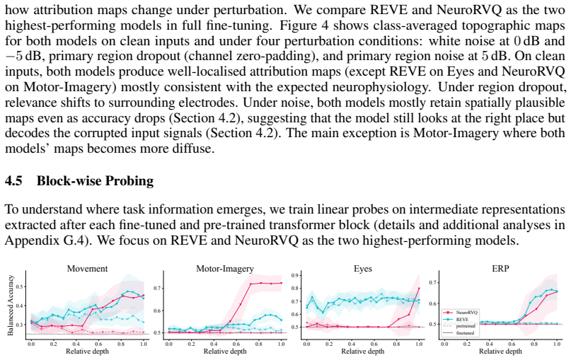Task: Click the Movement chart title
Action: [88, 269]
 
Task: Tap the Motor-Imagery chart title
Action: [225, 269]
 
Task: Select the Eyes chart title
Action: [363, 269]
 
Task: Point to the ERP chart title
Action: [500, 269]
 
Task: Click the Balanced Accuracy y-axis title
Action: [10, 305]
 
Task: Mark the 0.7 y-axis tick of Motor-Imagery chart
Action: [157, 289]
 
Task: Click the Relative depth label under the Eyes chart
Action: [363, 352]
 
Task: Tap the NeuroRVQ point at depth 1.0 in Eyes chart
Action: [419, 289]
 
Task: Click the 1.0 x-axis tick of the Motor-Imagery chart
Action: [281, 344]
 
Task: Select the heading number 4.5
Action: [13, 181]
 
